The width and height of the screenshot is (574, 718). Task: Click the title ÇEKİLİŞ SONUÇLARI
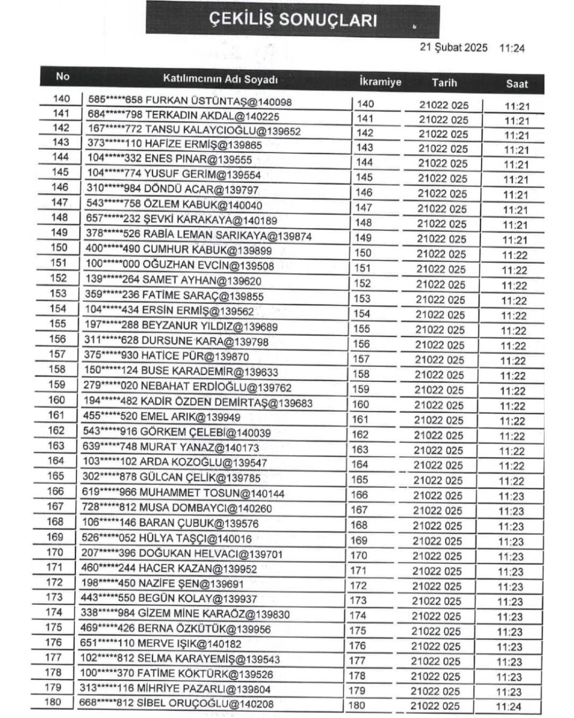tap(292, 20)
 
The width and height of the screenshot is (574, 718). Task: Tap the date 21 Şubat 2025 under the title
tap(453, 47)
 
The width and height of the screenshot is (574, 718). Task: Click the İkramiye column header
tap(380, 82)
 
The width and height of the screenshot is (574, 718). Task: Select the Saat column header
tap(517, 84)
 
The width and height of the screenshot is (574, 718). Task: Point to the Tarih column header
tap(444, 82)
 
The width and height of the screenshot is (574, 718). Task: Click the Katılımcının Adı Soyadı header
tap(220, 79)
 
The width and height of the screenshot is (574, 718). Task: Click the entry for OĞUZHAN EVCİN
tap(180, 265)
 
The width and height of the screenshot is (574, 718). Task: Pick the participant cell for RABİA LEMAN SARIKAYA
tap(199, 235)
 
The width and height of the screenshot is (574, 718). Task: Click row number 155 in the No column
tap(57, 323)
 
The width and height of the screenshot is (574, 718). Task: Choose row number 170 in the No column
tap(54, 552)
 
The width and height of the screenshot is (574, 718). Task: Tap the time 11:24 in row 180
tap(509, 707)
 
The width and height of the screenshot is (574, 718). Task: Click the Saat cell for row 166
tap(511, 496)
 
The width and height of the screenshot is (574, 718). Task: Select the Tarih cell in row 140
tap(443, 105)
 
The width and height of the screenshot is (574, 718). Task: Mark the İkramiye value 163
tap(360, 449)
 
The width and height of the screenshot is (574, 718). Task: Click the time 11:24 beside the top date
tap(512, 48)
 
